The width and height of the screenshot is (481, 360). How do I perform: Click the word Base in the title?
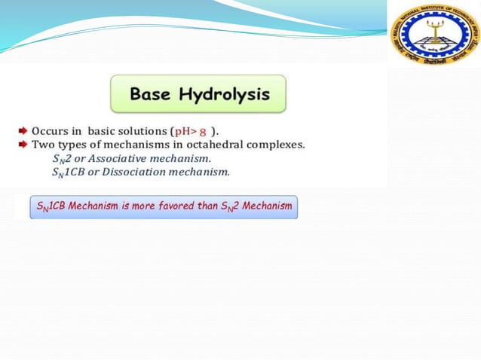click(x=152, y=95)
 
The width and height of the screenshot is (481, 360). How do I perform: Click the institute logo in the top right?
click(x=434, y=35)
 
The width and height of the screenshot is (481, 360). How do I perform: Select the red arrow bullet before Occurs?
click(x=23, y=131)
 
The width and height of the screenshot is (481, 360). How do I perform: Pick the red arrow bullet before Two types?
click(x=23, y=145)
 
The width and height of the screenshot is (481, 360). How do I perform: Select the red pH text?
click(x=185, y=131)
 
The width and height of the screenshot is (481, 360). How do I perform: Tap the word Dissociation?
click(x=124, y=172)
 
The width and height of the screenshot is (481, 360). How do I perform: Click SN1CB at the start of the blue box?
click(x=52, y=206)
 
